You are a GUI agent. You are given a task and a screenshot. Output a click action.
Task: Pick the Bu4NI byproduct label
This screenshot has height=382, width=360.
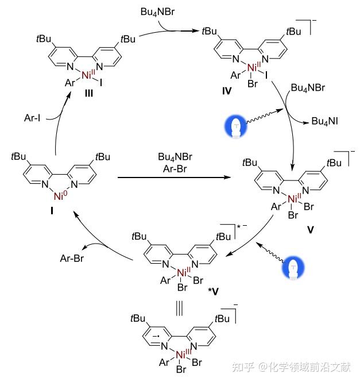pos(326,121)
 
